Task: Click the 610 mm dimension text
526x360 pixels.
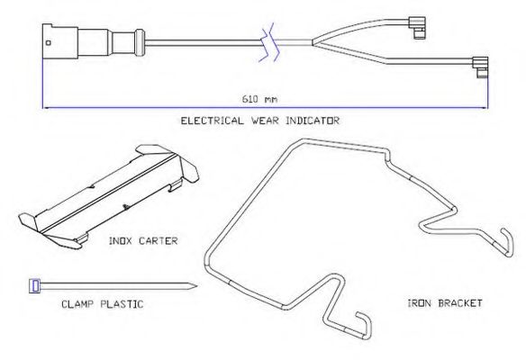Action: tap(259, 99)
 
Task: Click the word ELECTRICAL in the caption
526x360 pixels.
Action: tap(212, 121)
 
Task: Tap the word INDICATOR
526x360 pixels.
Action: tap(313, 121)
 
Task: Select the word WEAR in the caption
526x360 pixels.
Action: tap(265, 121)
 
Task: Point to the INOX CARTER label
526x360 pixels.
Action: tap(143, 241)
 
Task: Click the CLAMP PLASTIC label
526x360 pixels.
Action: tap(103, 304)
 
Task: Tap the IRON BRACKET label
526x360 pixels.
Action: tap(445, 303)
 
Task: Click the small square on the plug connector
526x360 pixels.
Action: tap(49, 42)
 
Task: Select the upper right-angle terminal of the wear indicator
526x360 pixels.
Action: tap(417, 28)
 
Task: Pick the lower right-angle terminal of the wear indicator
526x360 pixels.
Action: tap(480, 67)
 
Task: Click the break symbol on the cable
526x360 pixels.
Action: tap(269, 42)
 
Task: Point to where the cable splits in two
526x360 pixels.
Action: tap(313, 42)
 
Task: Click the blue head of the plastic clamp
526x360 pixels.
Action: tap(35, 286)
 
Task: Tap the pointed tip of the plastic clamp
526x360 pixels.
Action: tap(195, 286)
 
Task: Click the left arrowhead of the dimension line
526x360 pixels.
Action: tap(44, 108)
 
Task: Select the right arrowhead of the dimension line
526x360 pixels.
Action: tap(486, 108)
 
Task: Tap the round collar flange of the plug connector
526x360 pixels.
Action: tap(140, 42)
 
